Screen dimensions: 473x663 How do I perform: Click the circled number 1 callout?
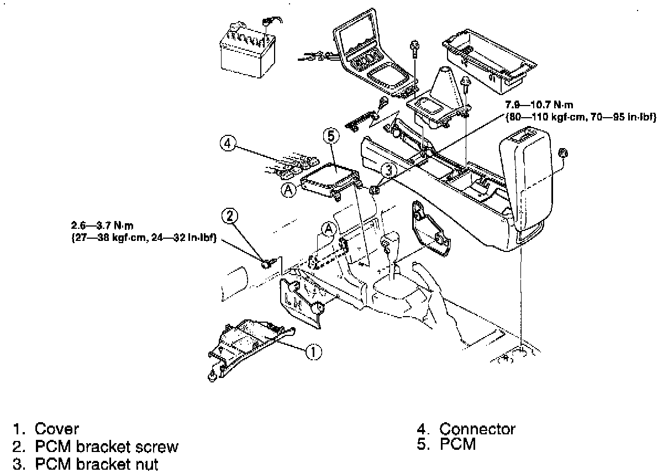(313, 351)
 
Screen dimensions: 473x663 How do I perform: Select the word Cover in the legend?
(57, 429)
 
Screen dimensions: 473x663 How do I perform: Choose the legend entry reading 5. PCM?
(446, 444)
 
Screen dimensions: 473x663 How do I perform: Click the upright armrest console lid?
(526, 182)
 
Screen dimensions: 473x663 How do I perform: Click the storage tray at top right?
(487, 61)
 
